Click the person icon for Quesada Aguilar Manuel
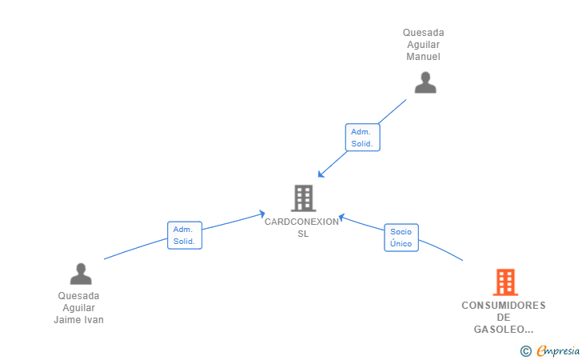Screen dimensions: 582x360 coord(425,82)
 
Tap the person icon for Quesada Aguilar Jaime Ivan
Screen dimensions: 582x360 coord(81,274)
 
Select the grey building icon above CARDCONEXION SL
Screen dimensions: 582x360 coord(304,198)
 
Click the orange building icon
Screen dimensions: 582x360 coord(505,282)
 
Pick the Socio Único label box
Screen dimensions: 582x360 coord(401,238)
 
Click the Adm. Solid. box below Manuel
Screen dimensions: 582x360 coord(363,138)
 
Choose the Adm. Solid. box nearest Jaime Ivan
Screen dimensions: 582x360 coord(185,235)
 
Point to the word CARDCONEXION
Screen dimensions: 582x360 coord(301,222)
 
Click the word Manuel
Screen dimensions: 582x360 coord(423,57)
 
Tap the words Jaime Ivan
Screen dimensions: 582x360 coord(78,319)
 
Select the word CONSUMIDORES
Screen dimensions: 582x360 coord(504,306)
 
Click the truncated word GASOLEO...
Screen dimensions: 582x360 coord(504,329)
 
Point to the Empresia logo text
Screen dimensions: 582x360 coord(558,350)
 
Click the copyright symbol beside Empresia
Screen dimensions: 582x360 coord(525,351)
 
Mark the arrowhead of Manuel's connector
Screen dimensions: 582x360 coord(321,174)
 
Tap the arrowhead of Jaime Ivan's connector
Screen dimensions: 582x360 coord(262,214)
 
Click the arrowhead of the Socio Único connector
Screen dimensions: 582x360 coord(341,218)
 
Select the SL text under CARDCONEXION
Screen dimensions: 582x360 coord(303,234)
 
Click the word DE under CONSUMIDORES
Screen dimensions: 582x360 coord(504,318)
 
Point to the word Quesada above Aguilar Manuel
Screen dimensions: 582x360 coord(424,33)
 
